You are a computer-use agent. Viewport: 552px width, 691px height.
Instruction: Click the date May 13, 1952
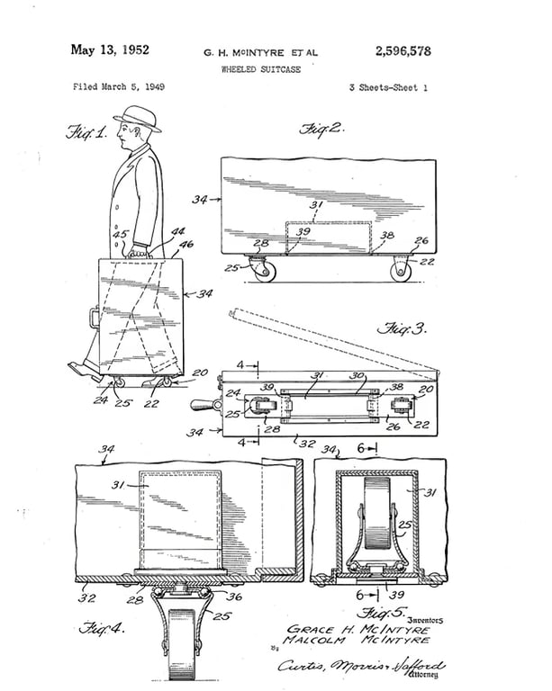109,49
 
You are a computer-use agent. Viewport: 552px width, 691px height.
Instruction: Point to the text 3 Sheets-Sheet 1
388,87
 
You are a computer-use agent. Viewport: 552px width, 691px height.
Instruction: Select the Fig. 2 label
322,128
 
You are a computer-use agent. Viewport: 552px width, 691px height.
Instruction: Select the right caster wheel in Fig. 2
400,270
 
